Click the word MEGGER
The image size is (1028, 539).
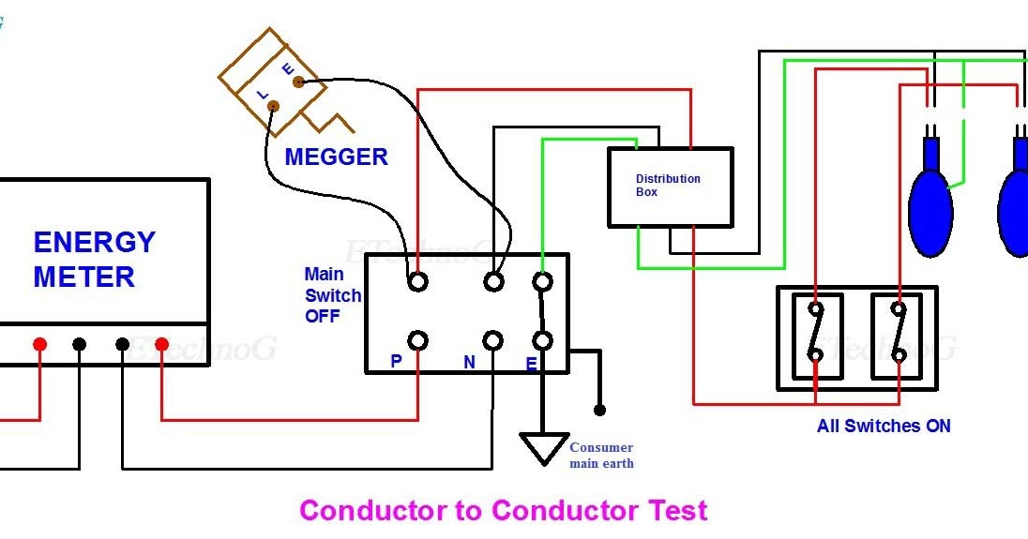pyautogui.click(x=336, y=157)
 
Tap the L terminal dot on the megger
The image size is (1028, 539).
pyautogui.click(x=273, y=106)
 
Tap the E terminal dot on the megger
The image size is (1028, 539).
pyautogui.click(x=298, y=82)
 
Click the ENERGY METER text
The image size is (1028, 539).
pyautogui.click(x=94, y=260)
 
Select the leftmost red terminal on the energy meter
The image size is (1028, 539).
pyautogui.click(x=39, y=345)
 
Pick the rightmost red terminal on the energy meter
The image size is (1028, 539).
pyautogui.click(x=161, y=345)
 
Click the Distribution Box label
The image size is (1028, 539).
pyautogui.click(x=668, y=186)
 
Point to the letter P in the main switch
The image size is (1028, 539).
pyautogui.click(x=397, y=362)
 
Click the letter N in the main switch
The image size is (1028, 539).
pyautogui.click(x=469, y=362)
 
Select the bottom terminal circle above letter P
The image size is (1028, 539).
pyautogui.click(x=417, y=340)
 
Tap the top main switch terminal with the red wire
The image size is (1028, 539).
pyautogui.click(x=417, y=281)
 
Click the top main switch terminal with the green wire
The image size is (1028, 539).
pyautogui.click(x=541, y=281)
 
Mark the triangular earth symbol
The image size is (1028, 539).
pyautogui.click(x=544, y=448)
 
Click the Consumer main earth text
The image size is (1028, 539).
pyautogui.click(x=601, y=456)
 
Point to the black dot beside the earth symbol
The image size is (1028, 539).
pyautogui.click(x=599, y=410)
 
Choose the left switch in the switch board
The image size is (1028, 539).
pyautogui.click(x=817, y=336)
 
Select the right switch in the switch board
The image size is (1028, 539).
pyautogui.click(x=898, y=336)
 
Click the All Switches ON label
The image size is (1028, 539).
pyautogui.click(x=884, y=427)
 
